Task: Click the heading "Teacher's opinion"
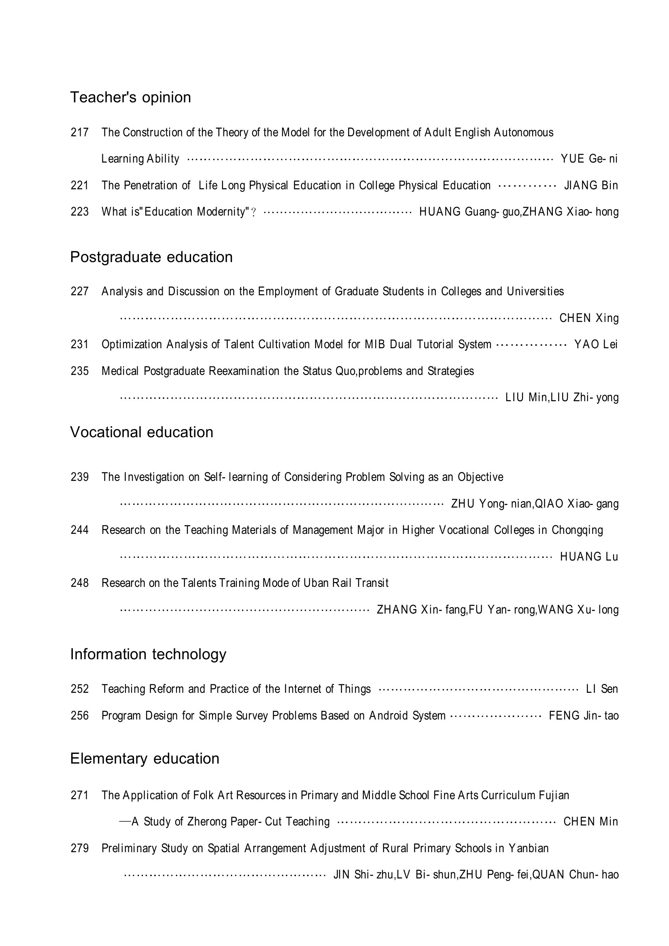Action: pyautogui.click(x=130, y=97)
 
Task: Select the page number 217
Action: pyautogui.click(x=80, y=132)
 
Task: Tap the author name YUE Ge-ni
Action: pyautogui.click(x=589, y=159)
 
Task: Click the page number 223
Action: pyautogui.click(x=80, y=212)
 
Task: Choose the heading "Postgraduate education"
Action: pyautogui.click(x=151, y=257)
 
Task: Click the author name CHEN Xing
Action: pyautogui.click(x=588, y=318)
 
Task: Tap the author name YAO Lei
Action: pyautogui.click(x=596, y=345)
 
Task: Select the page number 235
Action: pyautogui.click(x=80, y=371)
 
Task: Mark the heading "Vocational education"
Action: pyautogui.click(x=141, y=432)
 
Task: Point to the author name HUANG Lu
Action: pyautogui.click(x=588, y=557)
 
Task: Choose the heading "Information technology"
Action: pyautogui.click(x=148, y=654)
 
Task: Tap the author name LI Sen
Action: pyautogui.click(x=601, y=689)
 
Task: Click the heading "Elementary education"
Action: pyautogui.click(x=144, y=758)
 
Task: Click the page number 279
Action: pyautogui.click(x=80, y=849)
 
